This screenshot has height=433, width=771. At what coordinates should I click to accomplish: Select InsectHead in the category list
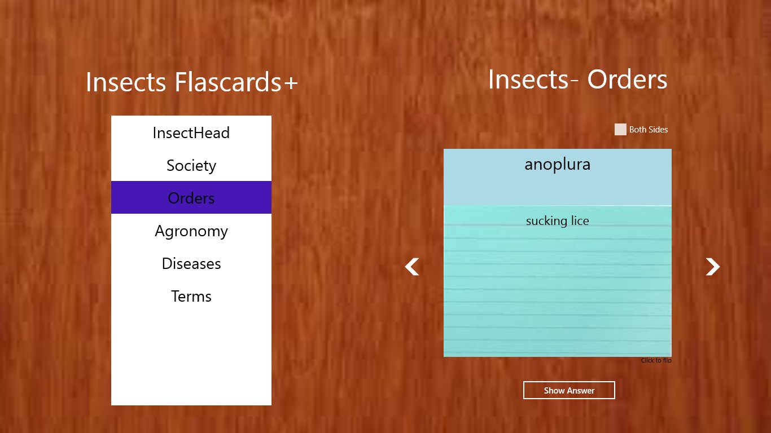pos(191,132)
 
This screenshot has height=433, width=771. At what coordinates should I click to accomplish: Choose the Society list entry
pos(191,165)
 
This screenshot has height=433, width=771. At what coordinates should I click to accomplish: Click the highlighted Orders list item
pos(191,198)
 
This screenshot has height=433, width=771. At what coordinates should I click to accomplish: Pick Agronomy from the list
pos(191,231)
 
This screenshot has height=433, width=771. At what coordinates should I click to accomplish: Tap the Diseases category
pos(191,263)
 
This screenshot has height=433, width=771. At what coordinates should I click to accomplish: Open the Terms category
pos(191,296)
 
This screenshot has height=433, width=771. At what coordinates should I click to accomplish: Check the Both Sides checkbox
pos(620,130)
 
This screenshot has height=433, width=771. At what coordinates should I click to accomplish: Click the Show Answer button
pos(569,390)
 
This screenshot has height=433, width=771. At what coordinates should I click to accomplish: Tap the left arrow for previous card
pos(412,267)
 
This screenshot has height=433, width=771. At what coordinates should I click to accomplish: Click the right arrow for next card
pos(712,267)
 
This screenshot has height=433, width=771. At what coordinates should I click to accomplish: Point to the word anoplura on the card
pos(557,165)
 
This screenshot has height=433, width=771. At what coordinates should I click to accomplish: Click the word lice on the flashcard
pos(580,220)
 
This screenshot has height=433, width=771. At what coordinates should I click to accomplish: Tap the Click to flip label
pos(656,360)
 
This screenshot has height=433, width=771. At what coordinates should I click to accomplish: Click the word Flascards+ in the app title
pos(236,82)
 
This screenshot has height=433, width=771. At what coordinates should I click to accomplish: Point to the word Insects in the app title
pos(126,82)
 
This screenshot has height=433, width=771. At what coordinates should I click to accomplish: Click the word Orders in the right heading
pos(627,79)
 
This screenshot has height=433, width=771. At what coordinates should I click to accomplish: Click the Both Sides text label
pos(649,130)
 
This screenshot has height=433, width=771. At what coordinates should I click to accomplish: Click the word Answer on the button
pos(582,391)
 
